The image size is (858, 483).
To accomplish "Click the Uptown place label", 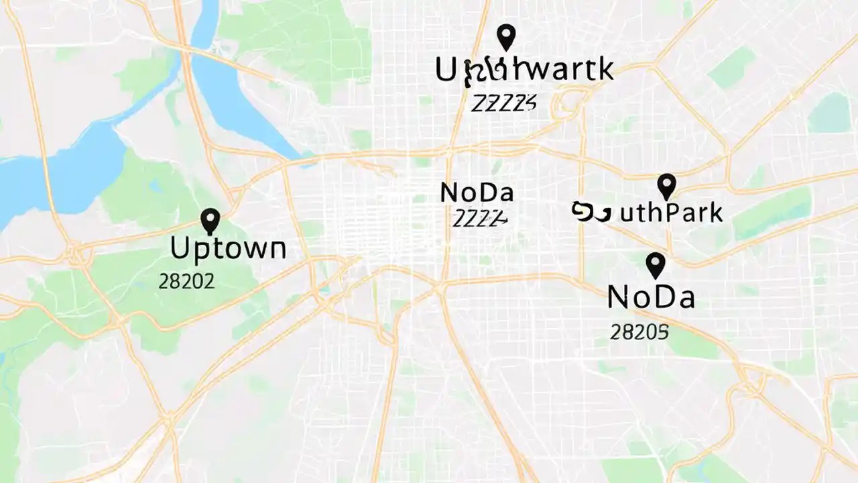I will (228, 249).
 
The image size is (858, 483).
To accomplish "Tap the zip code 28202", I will (186, 282).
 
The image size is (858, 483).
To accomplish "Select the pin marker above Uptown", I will (210, 221).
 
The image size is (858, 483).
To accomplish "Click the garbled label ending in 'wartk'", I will (524, 70).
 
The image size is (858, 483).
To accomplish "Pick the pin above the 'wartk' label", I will (506, 37).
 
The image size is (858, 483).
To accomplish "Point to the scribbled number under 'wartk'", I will (503, 103).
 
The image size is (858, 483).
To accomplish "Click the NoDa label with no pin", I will (477, 193).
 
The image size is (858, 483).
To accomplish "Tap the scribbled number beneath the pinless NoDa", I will (479, 218).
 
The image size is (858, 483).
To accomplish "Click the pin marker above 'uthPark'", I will (666, 186).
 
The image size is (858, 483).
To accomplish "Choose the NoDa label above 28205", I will (650, 297).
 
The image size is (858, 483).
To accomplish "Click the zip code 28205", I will (639, 331).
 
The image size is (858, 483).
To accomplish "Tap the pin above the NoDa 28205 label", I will (655, 264).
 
